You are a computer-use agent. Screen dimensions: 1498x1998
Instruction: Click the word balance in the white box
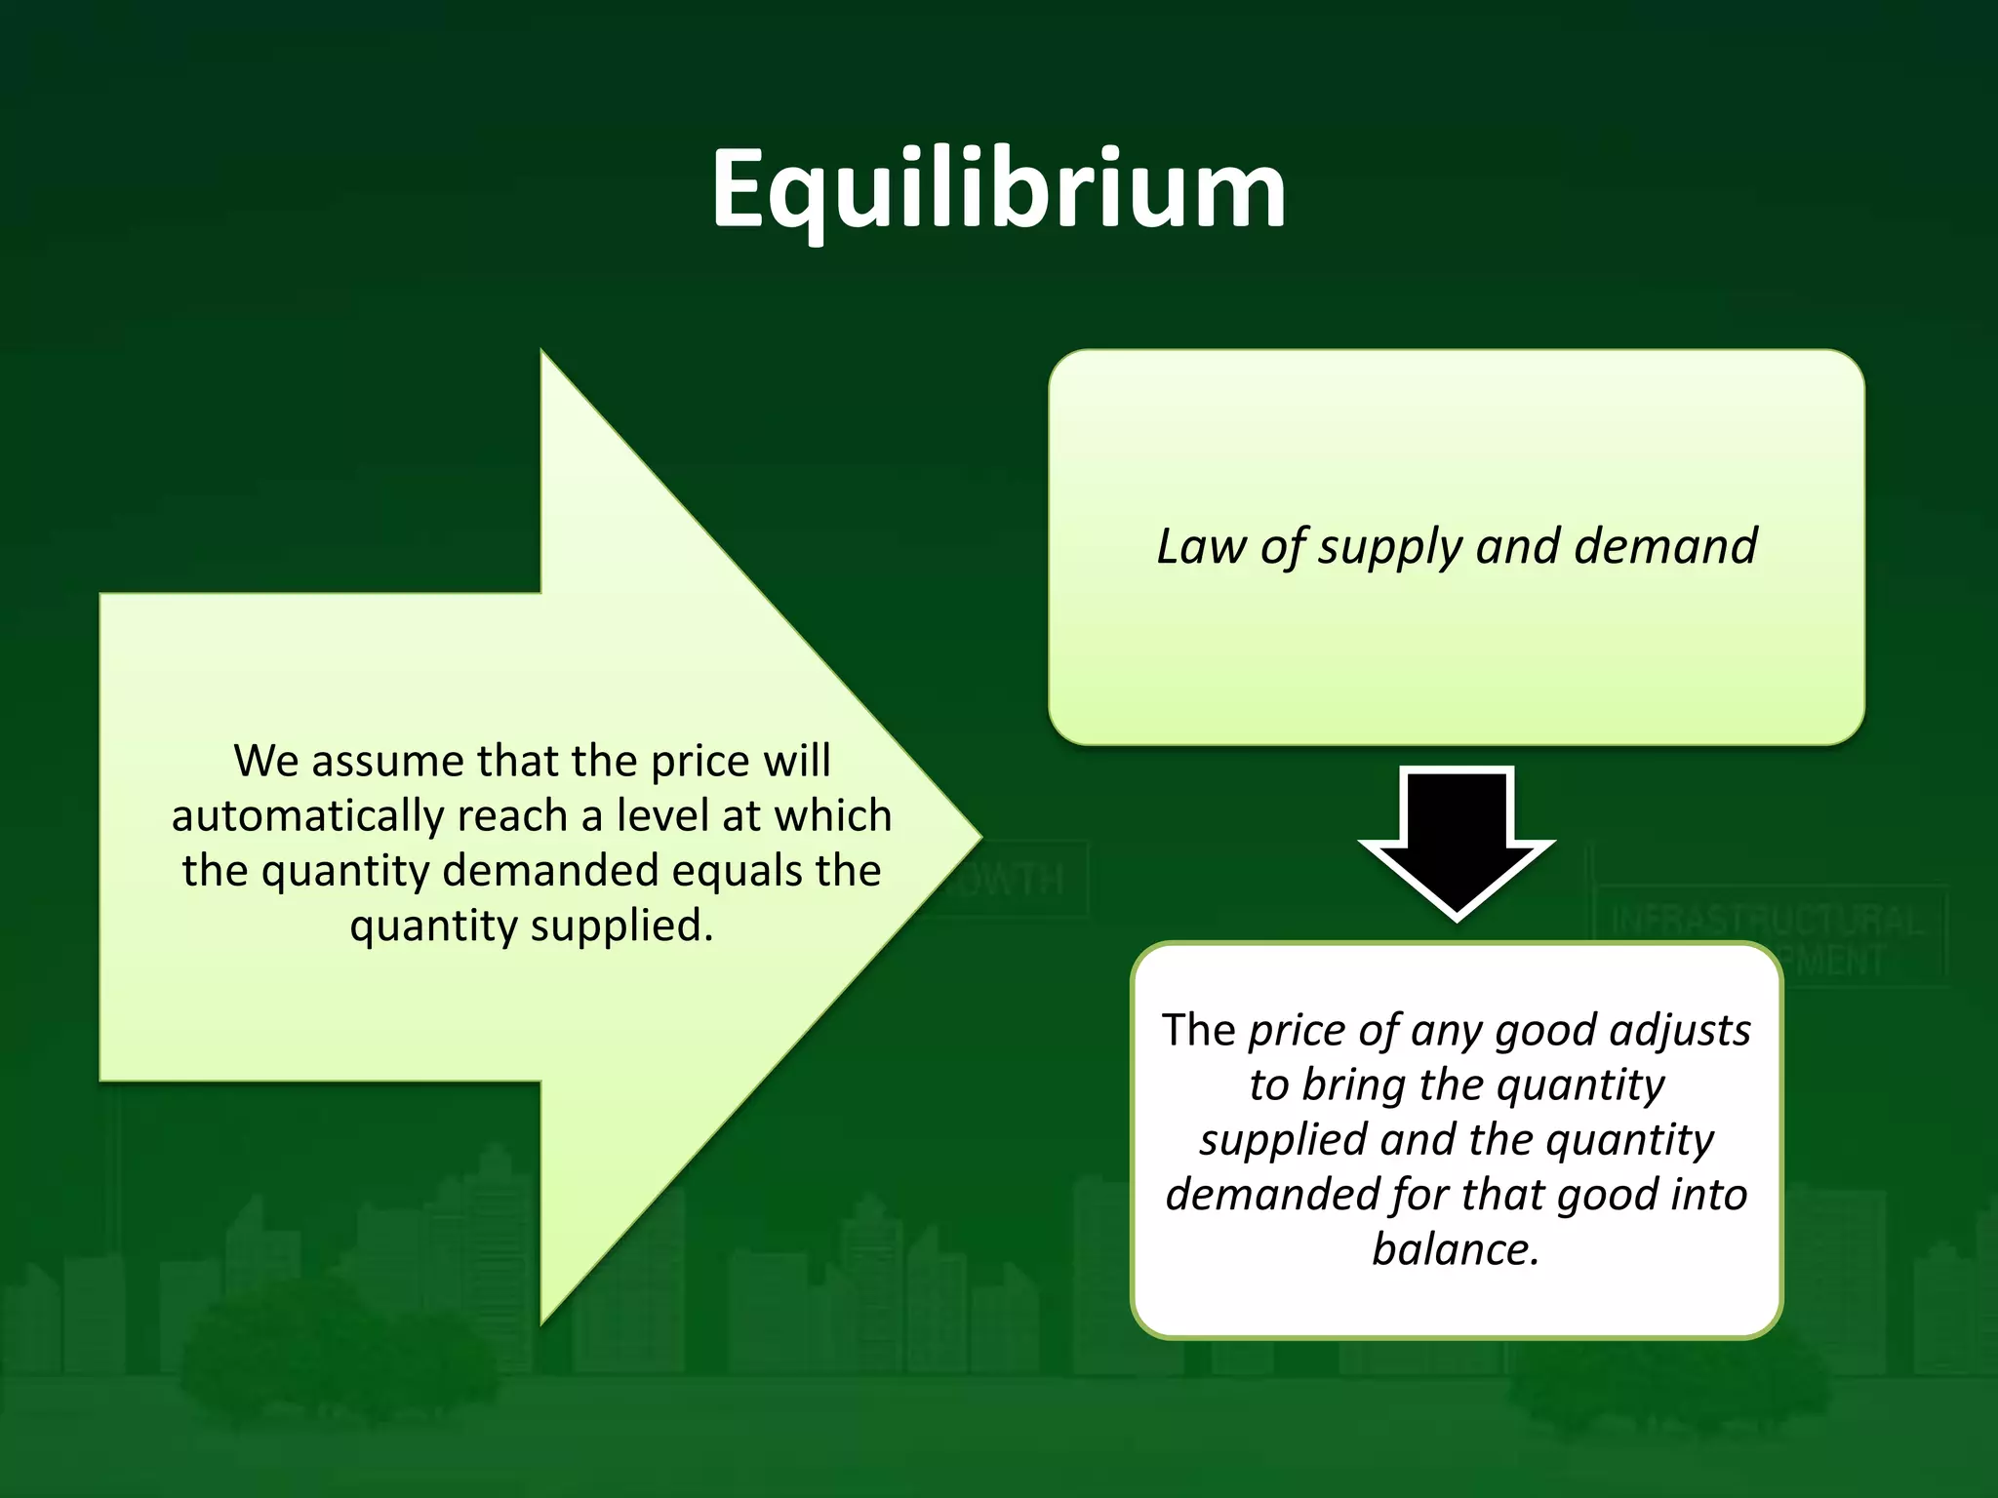pyautogui.click(x=1456, y=1249)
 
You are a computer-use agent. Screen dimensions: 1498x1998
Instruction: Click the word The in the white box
pyautogui.click(x=1199, y=1031)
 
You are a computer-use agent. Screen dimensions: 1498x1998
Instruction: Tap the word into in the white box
pyautogui.click(x=1709, y=1195)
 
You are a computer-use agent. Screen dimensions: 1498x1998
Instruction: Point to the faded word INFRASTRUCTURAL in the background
pyautogui.click(x=1767, y=920)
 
